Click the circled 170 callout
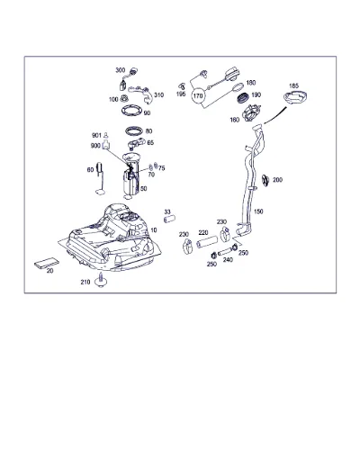click(x=198, y=96)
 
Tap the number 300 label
click(x=120, y=70)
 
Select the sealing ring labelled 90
click(x=132, y=111)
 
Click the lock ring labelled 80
click(x=134, y=130)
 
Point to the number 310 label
click(x=158, y=95)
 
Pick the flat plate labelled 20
click(x=46, y=263)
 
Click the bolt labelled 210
click(x=101, y=280)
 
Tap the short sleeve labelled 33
click(x=169, y=219)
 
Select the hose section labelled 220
click(x=207, y=242)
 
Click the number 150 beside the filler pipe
click(x=258, y=211)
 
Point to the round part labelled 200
click(x=265, y=180)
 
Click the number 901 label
click(x=96, y=136)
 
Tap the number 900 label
click(x=95, y=146)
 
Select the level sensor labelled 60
click(x=101, y=178)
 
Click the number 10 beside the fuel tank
click(x=154, y=230)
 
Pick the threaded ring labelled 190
click(x=243, y=98)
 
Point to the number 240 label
click(x=228, y=259)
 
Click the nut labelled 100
click(x=124, y=98)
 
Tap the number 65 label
click(x=150, y=143)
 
